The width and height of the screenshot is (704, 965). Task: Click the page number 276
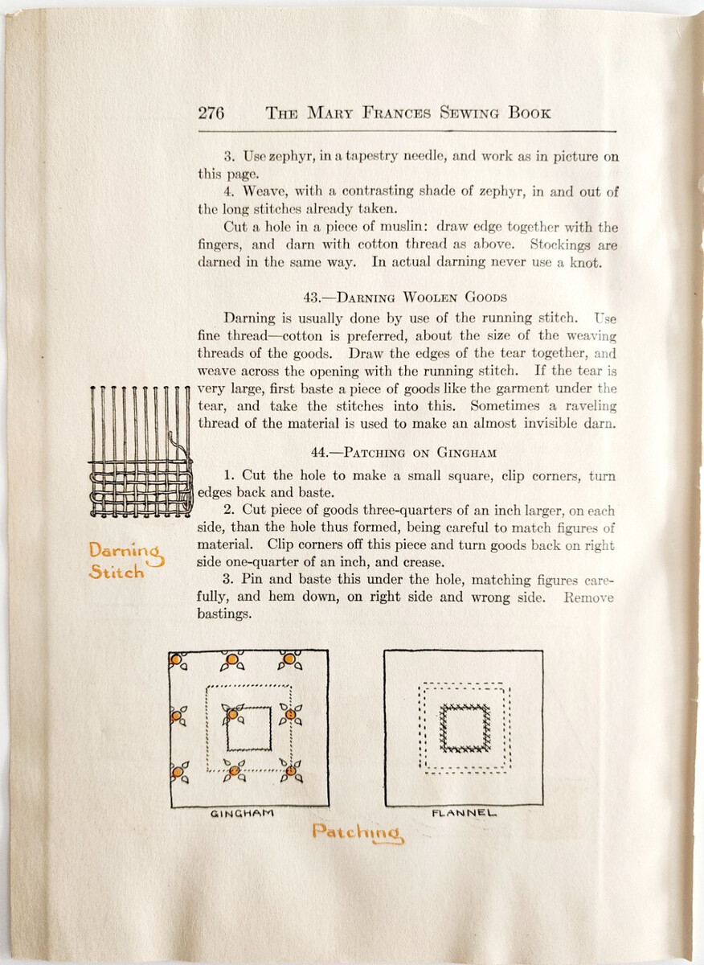click(211, 113)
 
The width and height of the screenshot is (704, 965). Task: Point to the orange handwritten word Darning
click(125, 552)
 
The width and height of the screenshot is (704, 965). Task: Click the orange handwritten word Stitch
click(117, 573)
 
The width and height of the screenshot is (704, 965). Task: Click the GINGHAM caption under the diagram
click(242, 813)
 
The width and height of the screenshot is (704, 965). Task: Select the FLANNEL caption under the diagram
click(465, 813)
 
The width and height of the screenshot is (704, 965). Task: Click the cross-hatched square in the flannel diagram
click(465, 728)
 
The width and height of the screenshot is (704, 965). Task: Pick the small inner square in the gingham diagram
click(249, 729)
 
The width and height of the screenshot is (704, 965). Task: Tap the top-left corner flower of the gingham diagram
click(178, 662)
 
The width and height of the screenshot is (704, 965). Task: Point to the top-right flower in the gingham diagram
click(289, 661)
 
